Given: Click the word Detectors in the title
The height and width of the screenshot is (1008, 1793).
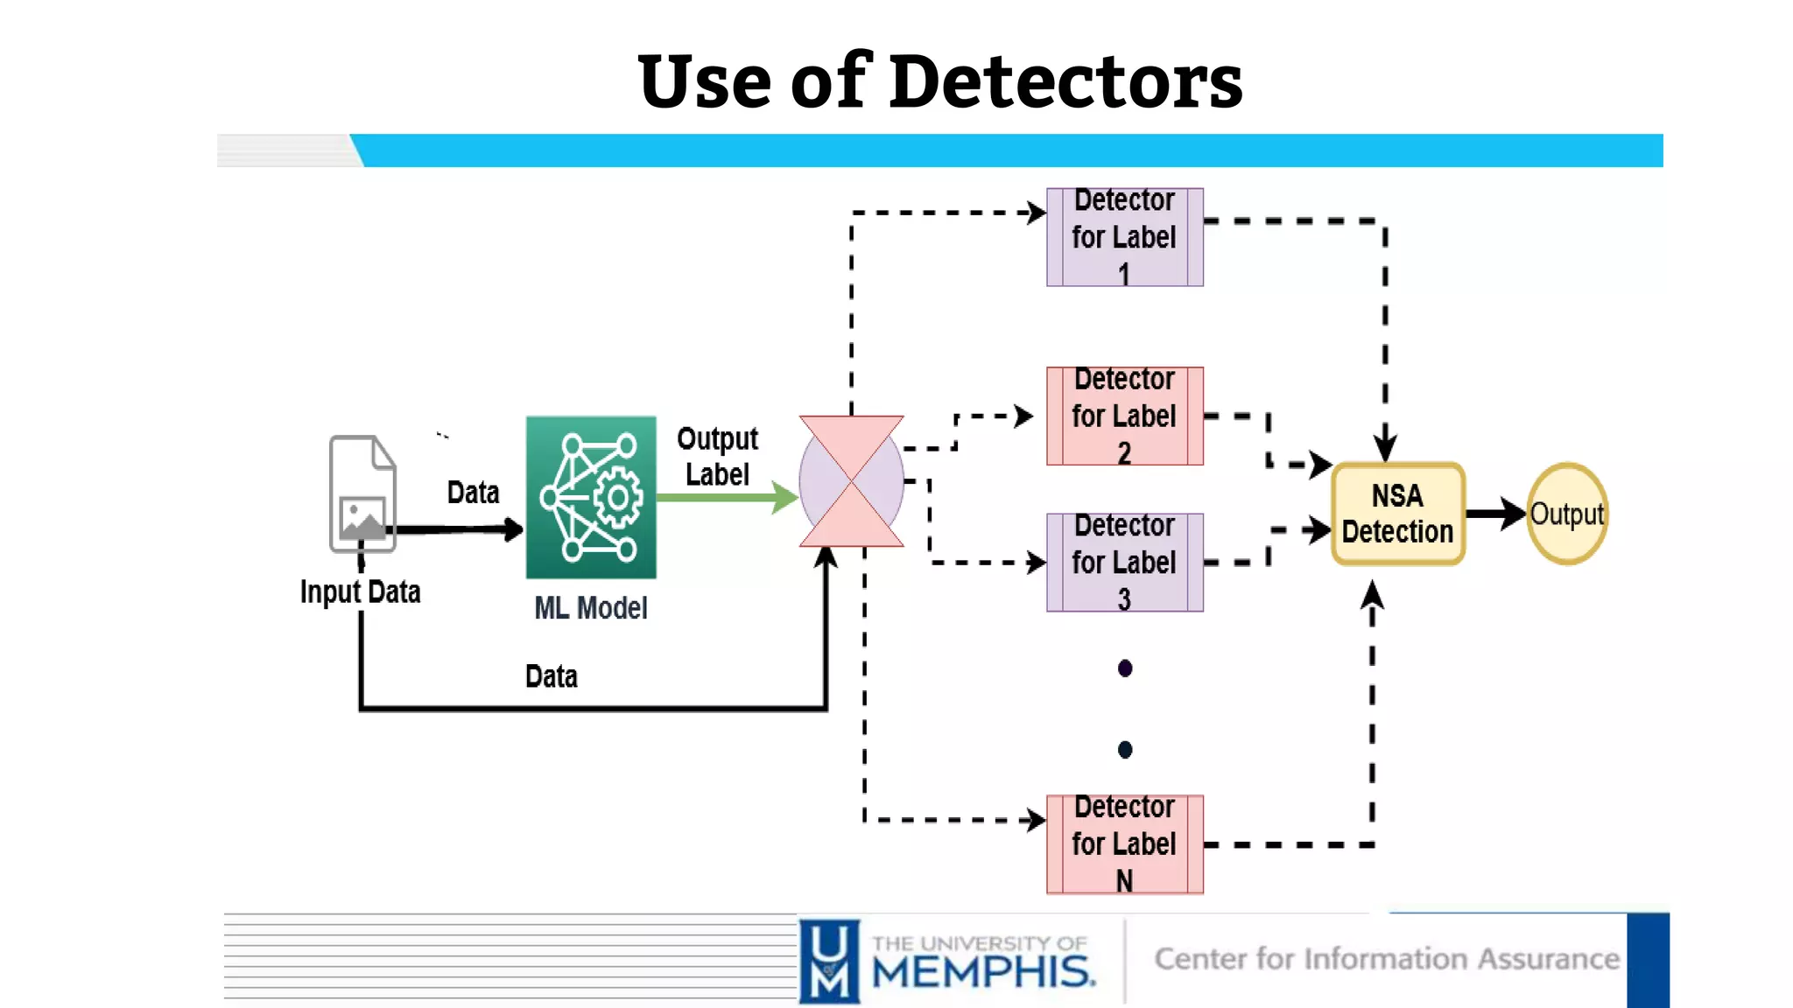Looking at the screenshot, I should [1065, 81].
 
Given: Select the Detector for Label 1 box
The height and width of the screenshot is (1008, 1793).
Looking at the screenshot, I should [1124, 237].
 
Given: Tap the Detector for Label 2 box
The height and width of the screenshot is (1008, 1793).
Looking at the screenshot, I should [1124, 416].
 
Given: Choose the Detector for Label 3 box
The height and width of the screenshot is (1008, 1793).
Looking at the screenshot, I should [1124, 562].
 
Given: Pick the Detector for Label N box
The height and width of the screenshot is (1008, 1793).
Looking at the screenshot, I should [1124, 843].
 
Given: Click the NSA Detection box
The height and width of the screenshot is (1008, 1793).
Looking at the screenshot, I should [1397, 514].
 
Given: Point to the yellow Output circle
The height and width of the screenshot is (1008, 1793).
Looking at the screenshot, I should [1566, 514].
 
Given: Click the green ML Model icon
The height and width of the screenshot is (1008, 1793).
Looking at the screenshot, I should [591, 497].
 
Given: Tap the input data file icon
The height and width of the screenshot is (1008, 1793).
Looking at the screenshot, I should [362, 494].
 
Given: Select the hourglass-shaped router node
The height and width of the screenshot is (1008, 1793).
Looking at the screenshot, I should [851, 481].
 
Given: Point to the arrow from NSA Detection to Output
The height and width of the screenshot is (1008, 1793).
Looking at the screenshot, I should [1495, 514].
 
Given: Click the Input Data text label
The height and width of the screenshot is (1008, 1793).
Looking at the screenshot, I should [360, 592].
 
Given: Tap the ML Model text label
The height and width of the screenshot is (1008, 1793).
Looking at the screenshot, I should [591, 608].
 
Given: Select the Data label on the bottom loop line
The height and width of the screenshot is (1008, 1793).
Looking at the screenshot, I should [551, 676].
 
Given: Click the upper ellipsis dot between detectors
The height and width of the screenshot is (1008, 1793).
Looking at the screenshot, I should [1125, 668].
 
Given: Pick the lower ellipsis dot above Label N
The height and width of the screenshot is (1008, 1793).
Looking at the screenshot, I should [1125, 750].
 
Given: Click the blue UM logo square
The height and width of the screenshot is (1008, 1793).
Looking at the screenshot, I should [829, 960].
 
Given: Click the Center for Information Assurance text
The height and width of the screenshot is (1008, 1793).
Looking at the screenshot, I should [1387, 959].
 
